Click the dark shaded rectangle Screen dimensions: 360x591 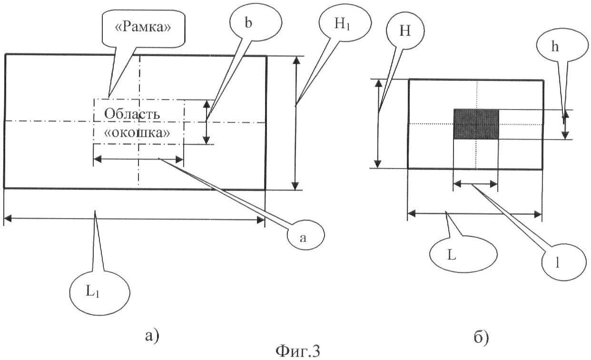pos(476,124)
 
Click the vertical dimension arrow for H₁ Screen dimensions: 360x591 pos(296,123)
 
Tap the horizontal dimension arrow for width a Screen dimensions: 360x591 pos(138,159)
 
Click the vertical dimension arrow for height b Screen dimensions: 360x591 pos(207,122)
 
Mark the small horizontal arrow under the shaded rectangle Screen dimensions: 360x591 pos(475,184)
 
